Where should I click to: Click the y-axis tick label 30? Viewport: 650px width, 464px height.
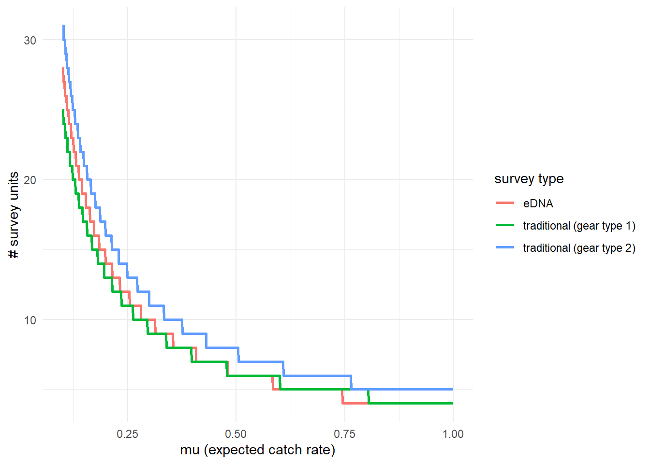click(30, 40)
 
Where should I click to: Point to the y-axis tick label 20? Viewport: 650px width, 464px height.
click(30, 180)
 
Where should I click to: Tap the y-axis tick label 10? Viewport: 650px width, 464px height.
click(30, 320)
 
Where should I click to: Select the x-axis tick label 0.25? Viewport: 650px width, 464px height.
click(127, 434)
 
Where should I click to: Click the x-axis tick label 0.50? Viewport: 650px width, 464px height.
click(236, 434)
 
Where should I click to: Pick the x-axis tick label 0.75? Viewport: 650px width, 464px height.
click(344, 434)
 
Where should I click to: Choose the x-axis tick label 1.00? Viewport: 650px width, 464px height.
click(453, 434)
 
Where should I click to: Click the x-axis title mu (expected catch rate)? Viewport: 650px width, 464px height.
click(258, 450)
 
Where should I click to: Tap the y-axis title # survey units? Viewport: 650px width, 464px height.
click(14, 215)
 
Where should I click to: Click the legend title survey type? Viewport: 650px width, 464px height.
click(529, 179)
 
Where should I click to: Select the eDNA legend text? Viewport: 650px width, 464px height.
click(538, 203)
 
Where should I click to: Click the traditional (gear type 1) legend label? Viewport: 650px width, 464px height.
click(579, 226)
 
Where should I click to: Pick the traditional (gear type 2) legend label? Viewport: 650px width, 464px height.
click(579, 248)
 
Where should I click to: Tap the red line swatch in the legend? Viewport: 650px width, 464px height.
click(505, 203)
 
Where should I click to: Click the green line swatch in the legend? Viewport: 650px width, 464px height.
click(505, 225)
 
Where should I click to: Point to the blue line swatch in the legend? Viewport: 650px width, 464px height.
click(505, 247)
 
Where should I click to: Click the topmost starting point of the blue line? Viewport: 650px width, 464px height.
click(63, 26)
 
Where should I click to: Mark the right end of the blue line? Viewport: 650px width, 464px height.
click(453, 389)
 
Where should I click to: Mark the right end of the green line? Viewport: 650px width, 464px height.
click(453, 403)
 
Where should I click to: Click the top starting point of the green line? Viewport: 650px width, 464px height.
click(63, 110)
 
